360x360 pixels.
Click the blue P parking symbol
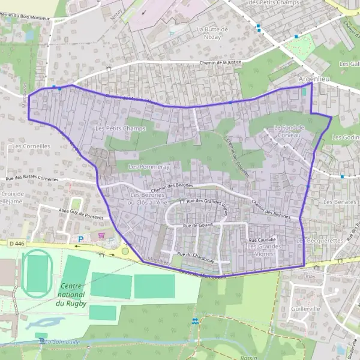[x=81, y=239]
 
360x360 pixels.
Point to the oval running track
[x=37, y=274]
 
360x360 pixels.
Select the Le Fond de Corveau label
[x=289, y=131]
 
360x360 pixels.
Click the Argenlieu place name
[x=314, y=79]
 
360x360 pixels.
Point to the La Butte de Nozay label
[x=212, y=33]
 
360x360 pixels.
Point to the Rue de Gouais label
[x=199, y=225]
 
